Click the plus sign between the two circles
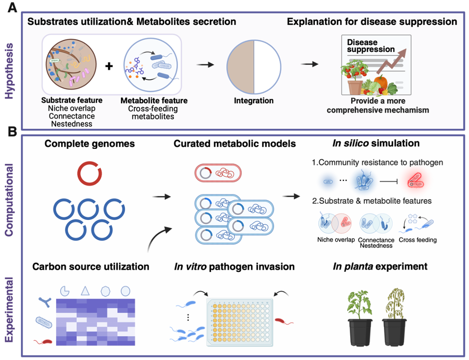(109, 66)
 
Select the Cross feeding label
(418, 240)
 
